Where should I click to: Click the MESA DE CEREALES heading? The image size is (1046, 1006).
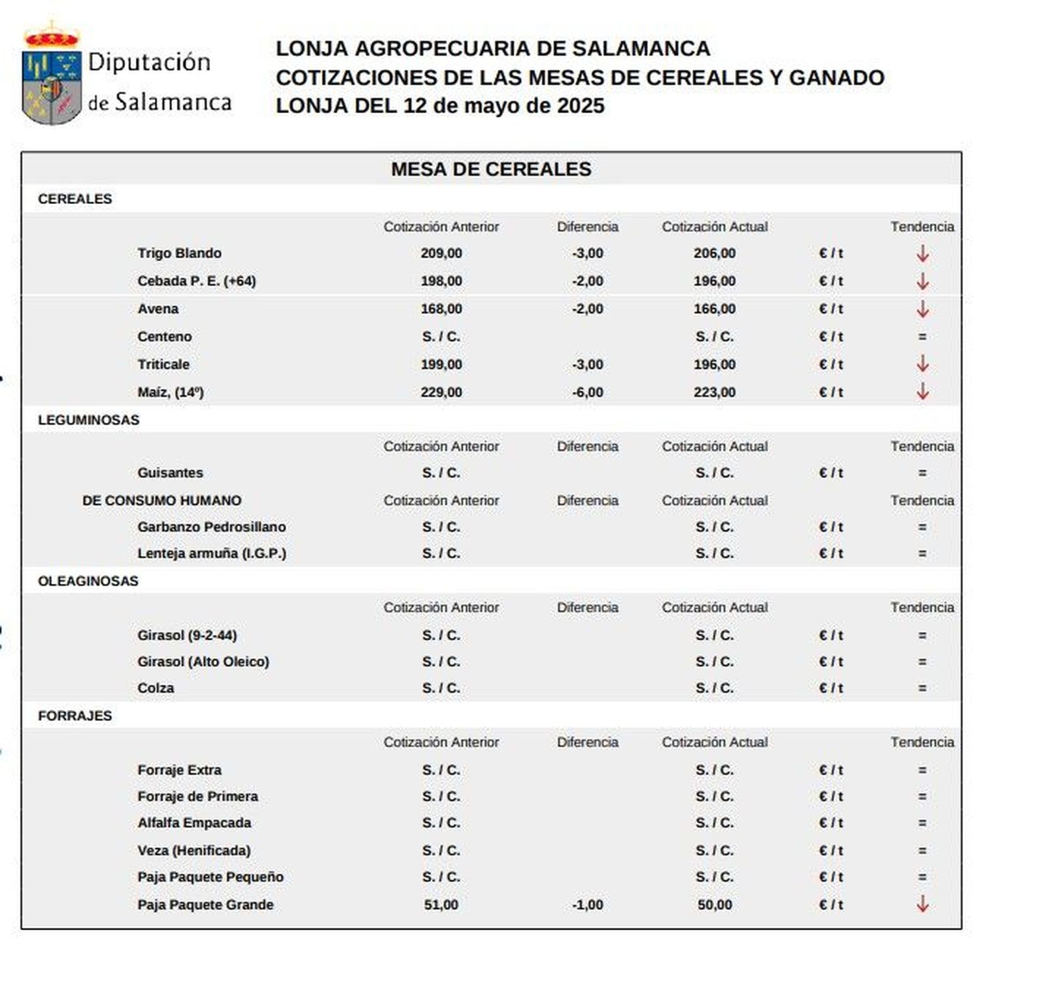[490, 169]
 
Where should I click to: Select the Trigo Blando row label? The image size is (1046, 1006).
[179, 253]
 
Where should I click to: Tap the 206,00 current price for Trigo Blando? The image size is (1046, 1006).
[714, 253]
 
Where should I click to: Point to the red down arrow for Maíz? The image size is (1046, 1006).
[922, 392]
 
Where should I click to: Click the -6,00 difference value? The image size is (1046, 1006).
[587, 392]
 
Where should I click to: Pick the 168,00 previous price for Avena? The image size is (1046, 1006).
[441, 309]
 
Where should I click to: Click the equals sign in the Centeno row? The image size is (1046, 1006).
[922, 337]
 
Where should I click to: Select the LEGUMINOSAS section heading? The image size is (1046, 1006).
[88, 420]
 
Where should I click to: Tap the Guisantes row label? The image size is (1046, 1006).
[170, 473]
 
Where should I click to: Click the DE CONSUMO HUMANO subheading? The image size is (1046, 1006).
[161, 500]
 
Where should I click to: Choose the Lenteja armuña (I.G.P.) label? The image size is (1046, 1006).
[211, 553]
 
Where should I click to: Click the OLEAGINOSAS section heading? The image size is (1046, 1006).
[88, 580]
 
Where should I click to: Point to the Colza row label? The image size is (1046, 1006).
[156, 688]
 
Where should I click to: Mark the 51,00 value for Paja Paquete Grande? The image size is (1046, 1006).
[441, 905]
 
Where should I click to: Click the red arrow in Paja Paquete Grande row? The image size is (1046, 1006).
[922, 904]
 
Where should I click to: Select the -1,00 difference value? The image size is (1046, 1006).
[587, 905]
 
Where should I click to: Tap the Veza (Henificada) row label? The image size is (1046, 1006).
[194, 850]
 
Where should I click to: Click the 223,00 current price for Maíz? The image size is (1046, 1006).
[714, 392]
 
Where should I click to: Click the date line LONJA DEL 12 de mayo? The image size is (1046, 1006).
[439, 106]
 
